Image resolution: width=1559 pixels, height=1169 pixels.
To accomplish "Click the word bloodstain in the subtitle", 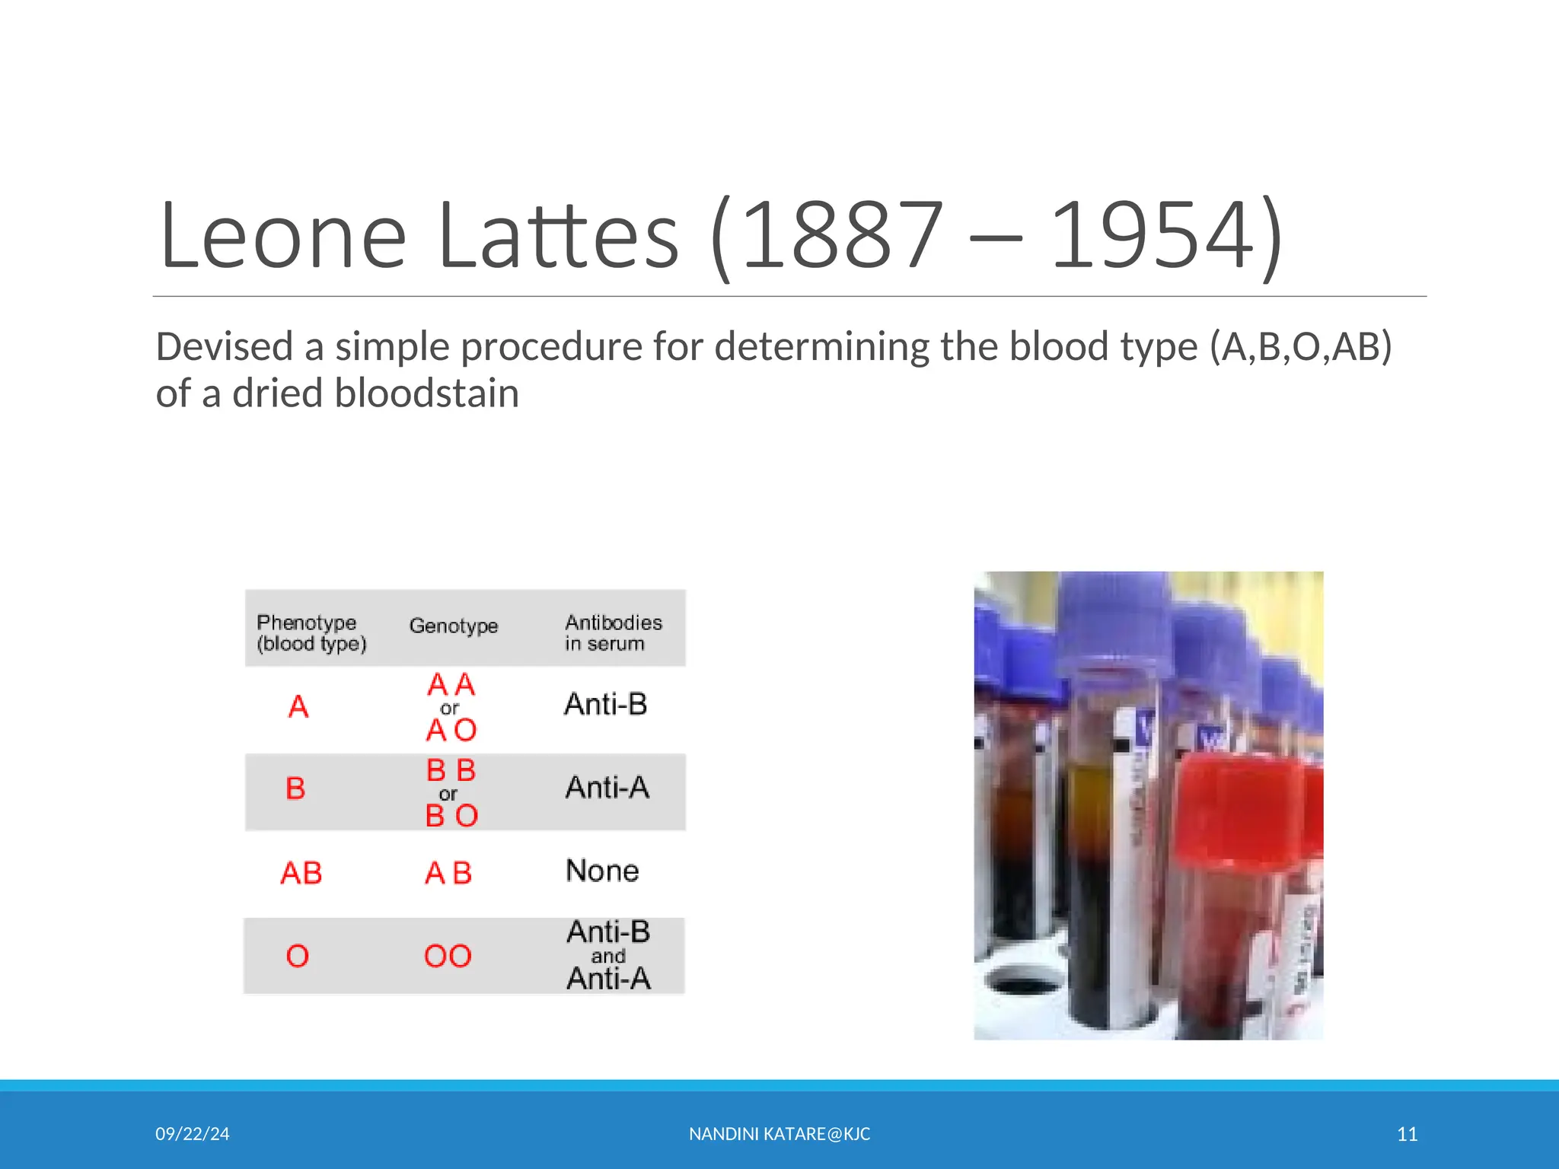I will (x=426, y=394).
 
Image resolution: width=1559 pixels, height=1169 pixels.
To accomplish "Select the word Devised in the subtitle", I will (x=225, y=347).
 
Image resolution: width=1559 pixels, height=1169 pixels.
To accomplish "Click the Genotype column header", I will (x=454, y=626).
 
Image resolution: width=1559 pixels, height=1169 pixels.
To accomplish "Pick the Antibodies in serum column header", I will (x=613, y=632).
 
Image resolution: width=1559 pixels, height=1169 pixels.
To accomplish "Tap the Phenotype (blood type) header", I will (x=311, y=632).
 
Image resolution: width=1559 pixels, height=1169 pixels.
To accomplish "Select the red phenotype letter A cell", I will (x=298, y=708).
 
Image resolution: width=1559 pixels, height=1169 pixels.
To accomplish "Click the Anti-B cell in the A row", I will (x=606, y=705).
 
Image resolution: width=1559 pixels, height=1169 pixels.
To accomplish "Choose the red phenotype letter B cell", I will (x=295, y=788).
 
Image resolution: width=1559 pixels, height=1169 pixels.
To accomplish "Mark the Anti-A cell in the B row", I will (x=607, y=788).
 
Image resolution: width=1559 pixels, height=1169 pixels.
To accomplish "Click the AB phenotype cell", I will (x=301, y=873).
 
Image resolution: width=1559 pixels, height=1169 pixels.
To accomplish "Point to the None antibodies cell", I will (x=602, y=871).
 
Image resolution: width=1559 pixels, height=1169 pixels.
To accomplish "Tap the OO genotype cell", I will (x=448, y=957).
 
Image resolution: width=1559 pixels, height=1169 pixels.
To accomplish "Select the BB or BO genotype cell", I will (x=451, y=792).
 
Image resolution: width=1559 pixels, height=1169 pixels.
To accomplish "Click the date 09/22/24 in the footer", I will (x=193, y=1134).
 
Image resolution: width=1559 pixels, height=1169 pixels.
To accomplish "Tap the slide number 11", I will (x=1407, y=1134).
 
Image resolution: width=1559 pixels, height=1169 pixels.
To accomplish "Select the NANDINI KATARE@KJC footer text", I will (x=779, y=1134).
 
